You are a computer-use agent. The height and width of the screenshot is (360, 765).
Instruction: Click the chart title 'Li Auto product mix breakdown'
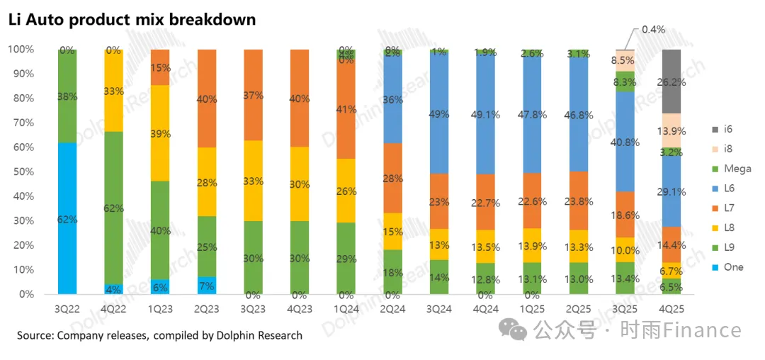[x=132, y=20]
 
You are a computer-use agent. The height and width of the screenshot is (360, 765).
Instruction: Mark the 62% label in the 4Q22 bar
[x=113, y=208]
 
